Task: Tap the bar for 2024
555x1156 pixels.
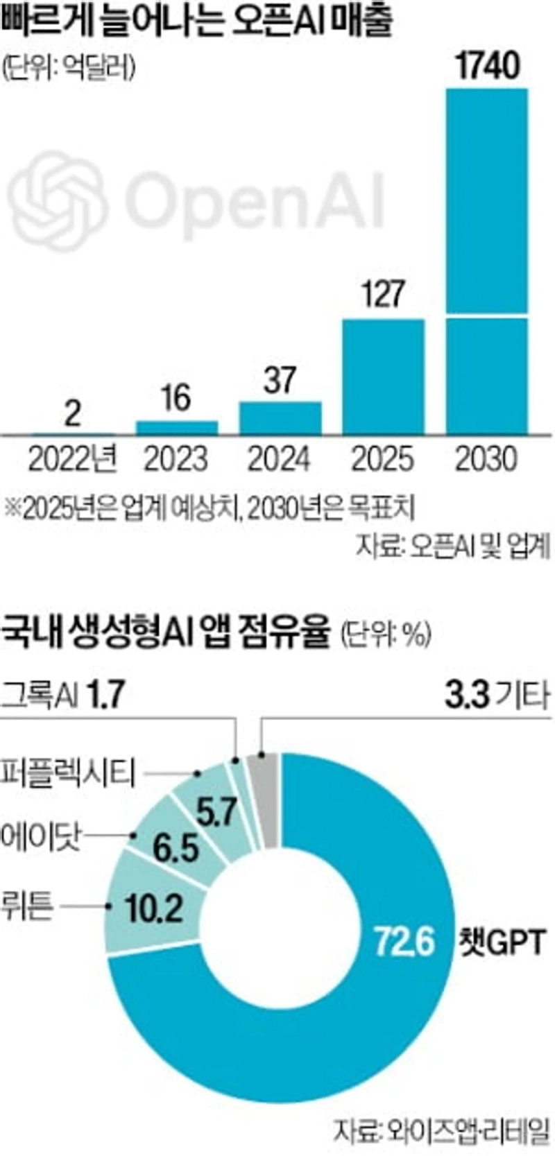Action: (280, 417)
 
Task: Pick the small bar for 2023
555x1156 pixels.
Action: (176, 427)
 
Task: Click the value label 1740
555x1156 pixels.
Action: (488, 67)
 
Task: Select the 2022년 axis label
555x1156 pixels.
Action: (73, 459)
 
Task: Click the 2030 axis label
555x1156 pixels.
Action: (487, 459)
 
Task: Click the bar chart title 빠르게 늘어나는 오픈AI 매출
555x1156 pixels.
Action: (197, 21)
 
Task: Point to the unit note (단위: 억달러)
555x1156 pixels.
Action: (68, 67)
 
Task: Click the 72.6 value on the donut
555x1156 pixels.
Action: (404, 941)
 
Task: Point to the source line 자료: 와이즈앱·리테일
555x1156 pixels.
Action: (441, 1131)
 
